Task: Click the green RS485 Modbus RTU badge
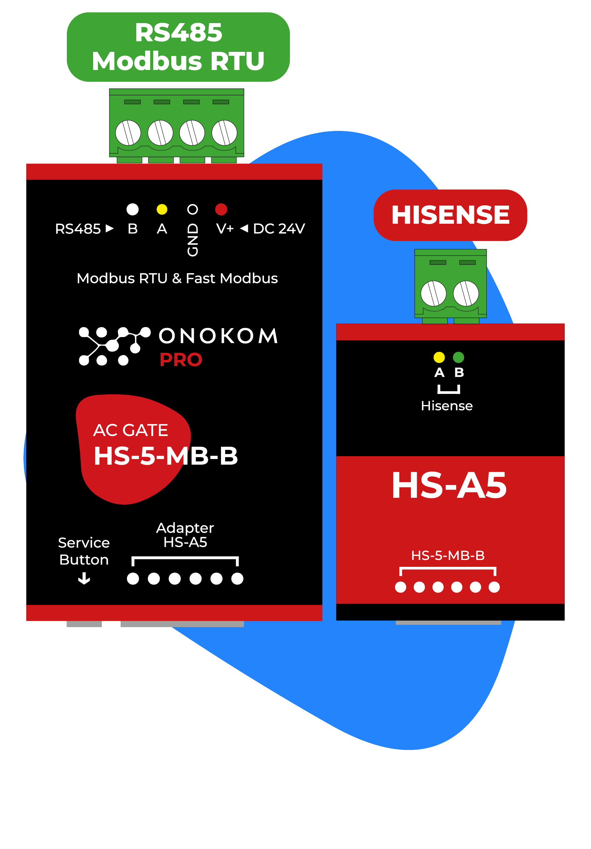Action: (178, 47)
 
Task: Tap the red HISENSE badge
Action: (450, 215)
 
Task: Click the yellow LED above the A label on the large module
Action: (162, 209)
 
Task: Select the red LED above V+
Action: (221, 209)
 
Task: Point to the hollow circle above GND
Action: (192, 209)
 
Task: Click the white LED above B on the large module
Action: (133, 209)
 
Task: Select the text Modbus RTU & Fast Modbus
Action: (177, 278)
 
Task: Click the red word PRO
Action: (181, 360)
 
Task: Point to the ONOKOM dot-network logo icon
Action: (114, 346)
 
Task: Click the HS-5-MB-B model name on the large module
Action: (165, 456)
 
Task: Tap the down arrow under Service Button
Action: (84, 578)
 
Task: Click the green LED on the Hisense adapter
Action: (458, 357)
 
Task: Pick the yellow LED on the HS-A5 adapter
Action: (439, 357)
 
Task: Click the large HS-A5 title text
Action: (449, 485)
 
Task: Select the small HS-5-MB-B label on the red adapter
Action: (448, 555)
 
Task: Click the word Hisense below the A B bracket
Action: (447, 406)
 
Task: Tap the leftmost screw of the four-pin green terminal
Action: (128, 133)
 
